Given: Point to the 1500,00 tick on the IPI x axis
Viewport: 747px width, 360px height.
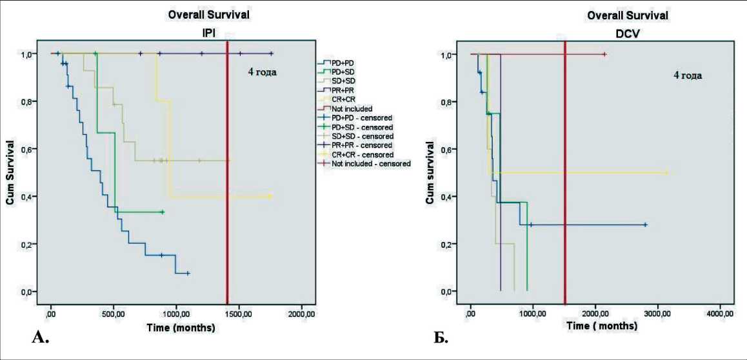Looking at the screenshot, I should tap(239, 314).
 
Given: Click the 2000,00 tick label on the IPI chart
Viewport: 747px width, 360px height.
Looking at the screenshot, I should tap(301, 314).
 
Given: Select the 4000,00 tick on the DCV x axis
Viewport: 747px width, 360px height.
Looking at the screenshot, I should tap(720, 314).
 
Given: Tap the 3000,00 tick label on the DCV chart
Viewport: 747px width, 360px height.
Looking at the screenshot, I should tap(658, 314).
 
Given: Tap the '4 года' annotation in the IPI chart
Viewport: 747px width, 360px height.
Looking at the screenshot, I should tap(263, 72).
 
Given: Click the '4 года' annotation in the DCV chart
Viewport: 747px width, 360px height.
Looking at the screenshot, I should tap(688, 75).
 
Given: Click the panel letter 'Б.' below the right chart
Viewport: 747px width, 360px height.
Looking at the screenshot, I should tap(441, 337).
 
